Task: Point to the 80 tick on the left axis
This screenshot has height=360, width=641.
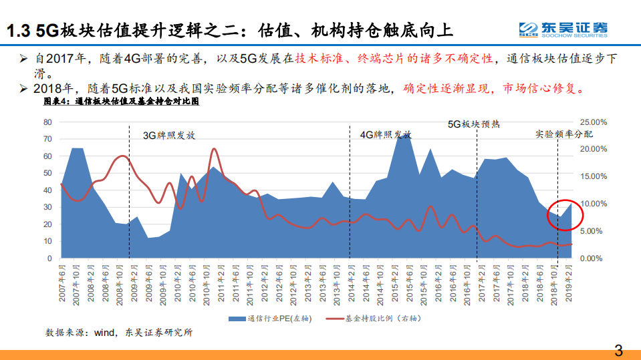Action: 47,122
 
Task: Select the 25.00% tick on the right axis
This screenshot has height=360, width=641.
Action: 594,122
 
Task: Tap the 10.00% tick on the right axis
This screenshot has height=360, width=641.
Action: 594,204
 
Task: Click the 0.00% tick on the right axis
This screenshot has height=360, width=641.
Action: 594,258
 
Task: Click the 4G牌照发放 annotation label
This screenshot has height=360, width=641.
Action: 386,135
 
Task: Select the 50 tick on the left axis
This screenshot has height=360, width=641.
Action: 47,173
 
